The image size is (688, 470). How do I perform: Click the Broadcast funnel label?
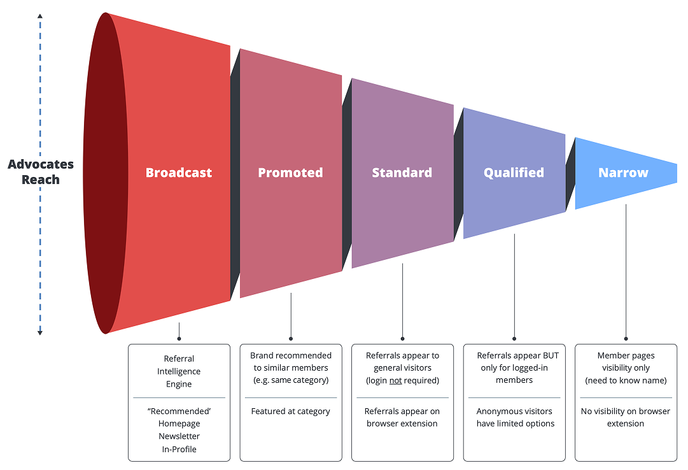click(179, 173)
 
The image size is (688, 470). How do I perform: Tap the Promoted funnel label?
click(290, 173)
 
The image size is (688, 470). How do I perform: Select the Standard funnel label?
click(402, 173)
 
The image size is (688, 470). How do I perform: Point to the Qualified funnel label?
click(514, 173)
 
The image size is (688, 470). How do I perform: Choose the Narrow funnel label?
click(623, 173)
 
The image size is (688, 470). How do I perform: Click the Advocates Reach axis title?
click(41, 172)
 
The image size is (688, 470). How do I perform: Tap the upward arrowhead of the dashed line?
click(40, 15)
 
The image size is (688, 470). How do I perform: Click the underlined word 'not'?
click(395, 380)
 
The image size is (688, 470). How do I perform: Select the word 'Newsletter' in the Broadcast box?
click(179, 436)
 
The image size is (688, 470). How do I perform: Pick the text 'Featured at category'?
click(291, 411)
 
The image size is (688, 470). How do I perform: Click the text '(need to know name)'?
click(626, 380)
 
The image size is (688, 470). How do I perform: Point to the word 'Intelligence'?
click(179, 371)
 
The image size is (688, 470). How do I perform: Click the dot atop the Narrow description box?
click(626, 339)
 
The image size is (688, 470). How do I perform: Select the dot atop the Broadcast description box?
click(179, 339)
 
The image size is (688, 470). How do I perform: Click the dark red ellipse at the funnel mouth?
click(105, 173)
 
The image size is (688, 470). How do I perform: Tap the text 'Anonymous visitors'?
click(514, 411)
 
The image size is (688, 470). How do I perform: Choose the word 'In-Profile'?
click(179, 449)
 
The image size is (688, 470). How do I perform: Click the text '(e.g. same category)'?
click(291, 380)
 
